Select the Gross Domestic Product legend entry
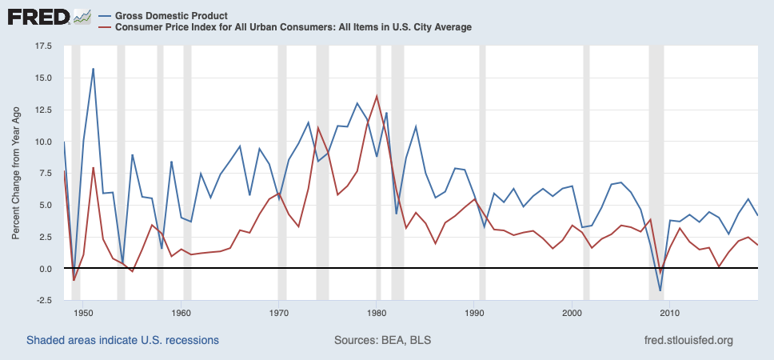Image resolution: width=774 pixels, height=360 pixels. point(170,15)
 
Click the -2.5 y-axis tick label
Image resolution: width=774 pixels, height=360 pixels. point(41,301)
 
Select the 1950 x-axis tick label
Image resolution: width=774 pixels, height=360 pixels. point(83,312)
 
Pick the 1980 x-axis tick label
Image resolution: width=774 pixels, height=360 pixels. point(377,312)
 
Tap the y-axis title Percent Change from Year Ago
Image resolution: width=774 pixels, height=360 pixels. point(16,173)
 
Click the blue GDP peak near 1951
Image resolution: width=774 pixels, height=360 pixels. point(93,69)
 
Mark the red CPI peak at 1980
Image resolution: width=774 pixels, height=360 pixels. point(377,97)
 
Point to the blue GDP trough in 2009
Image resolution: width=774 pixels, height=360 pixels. point(660,290)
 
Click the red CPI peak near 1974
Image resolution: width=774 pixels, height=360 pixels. point(318,128)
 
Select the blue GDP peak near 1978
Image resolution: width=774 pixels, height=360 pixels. point(357,103)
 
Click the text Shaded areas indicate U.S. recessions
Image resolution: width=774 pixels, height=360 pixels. point(122,341)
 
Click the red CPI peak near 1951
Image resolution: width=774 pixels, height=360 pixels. point(93,168)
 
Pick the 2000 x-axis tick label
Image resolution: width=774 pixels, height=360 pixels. point(572,312)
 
